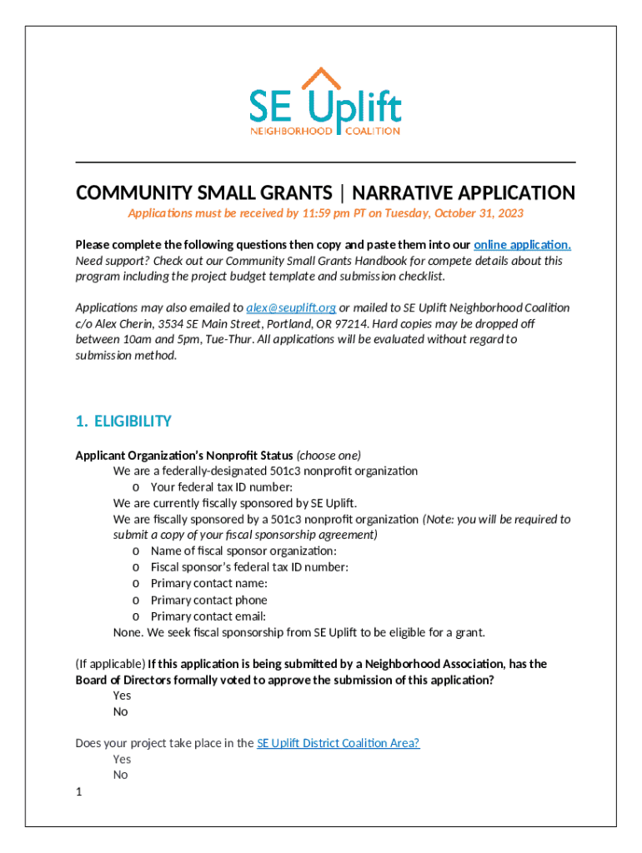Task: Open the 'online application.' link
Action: point(522,245)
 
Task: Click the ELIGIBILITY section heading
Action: point(133,422)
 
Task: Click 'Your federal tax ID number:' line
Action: point(221,487)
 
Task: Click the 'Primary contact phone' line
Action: point(208,600)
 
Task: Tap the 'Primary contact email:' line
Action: point(208,616)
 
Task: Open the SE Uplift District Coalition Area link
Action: point(338,743)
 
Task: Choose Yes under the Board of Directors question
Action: point(122,696)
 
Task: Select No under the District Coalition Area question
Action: point(121,775)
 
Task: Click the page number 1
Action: point(79,792)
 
